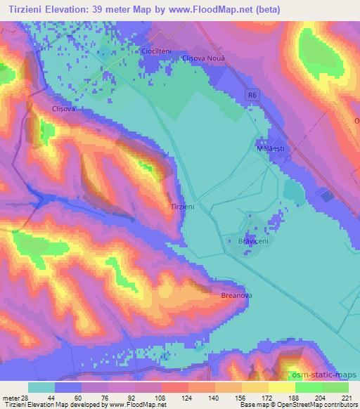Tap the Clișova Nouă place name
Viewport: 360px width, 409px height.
[x=202, y=58]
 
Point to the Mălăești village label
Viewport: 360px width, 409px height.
[x=269, y=148]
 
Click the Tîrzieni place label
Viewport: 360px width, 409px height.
[x=182, y=207]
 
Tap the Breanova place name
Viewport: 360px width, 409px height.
[x=236, y=296]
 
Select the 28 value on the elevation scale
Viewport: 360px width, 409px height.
[x=25, y=398]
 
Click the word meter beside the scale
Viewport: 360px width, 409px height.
[x=10, y=398]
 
